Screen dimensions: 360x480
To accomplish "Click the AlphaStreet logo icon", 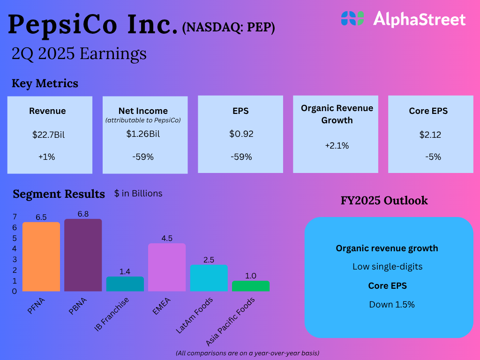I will [352, 19].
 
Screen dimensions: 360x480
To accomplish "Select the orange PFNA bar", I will [41, 256].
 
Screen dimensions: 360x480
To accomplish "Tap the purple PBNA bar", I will [83, 255].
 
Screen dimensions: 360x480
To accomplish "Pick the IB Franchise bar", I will [125, 284].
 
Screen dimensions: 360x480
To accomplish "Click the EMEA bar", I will [167, 267].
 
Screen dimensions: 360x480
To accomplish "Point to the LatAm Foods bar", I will [209, 278].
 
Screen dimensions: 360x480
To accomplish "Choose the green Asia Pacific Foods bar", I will [251, 286].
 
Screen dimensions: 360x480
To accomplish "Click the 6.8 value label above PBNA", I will [83, 214].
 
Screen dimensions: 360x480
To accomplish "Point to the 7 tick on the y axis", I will [15, 217].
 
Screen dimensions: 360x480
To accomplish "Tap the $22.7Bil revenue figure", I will [48, 135].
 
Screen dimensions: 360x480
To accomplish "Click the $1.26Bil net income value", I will [143, 134].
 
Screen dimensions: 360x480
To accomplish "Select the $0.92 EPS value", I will [241, 134].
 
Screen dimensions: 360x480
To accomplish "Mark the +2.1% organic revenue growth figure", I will [337, 146].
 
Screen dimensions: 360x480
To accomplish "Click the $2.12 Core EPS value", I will [430, 135].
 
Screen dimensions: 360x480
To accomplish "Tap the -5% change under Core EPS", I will [433, 157].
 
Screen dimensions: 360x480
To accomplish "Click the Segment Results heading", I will [59, 194].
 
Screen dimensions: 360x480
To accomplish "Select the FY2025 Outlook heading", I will [384, 201].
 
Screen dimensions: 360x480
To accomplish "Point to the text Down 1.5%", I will [392, 304].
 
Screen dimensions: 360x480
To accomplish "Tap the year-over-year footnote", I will [247, 352].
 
